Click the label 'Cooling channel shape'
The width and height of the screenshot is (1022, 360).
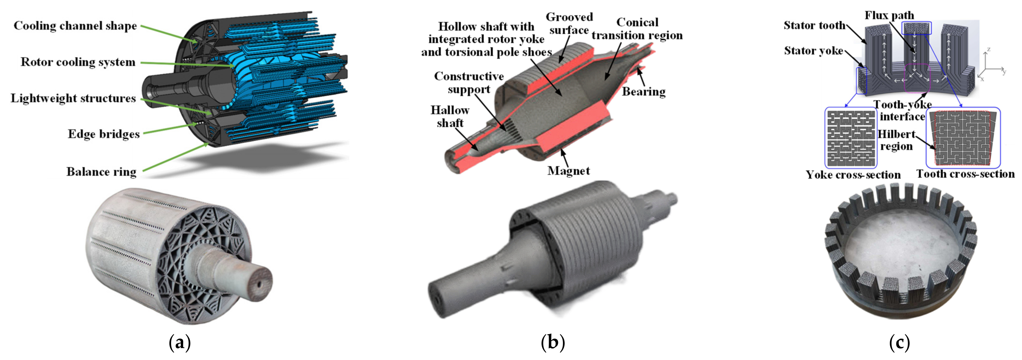point(75,26)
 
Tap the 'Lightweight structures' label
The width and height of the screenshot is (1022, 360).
point(73,98)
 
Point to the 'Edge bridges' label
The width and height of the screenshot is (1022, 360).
point(104,134)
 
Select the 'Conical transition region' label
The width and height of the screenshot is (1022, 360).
point(637,29)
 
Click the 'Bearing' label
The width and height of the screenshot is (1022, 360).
point(643,92)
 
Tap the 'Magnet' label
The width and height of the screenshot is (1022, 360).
point(568,171)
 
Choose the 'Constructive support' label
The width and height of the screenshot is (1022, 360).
point(469,83)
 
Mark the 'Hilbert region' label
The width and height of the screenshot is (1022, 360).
point(896,140)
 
